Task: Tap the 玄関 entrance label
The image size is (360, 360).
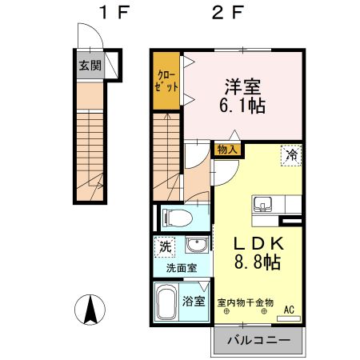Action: (x=90, y=66)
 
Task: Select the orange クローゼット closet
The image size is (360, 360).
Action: (x=167, y=80)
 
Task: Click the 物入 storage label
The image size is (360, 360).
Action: (x=226, y=149)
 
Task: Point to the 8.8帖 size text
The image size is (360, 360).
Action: (x=256, y=262)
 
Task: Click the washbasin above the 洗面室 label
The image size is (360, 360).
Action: (x=194, y=245)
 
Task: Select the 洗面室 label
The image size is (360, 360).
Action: (x=182, y=269)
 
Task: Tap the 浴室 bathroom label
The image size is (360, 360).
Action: (x=194, y=303)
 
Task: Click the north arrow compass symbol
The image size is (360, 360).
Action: (x=93, y=309)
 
